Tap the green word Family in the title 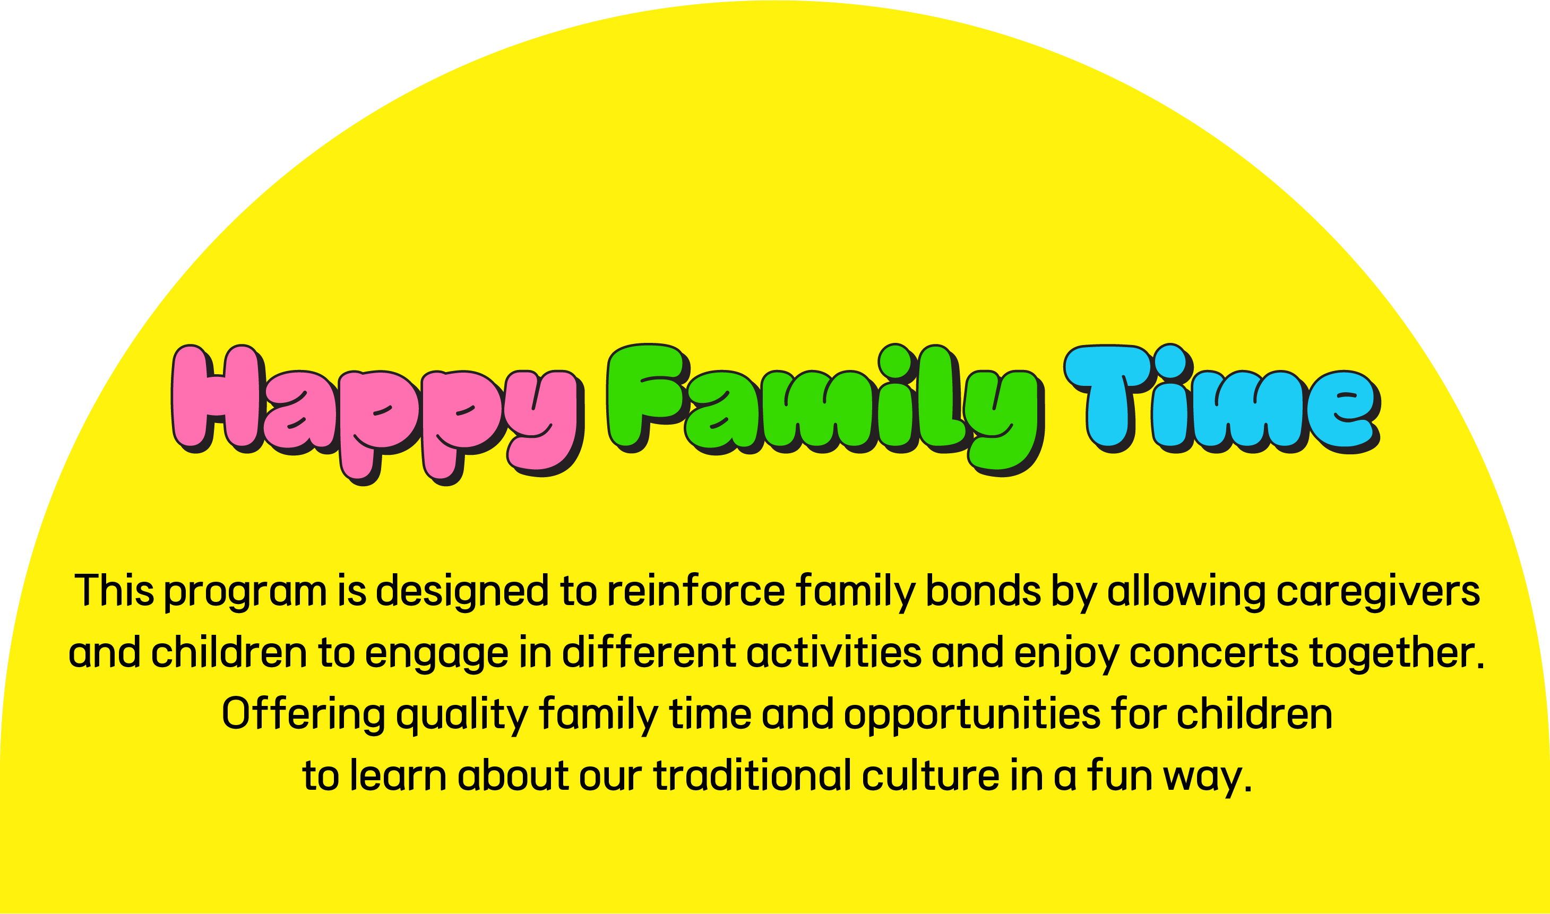(x=826, y=410)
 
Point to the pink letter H (x=218, y=399)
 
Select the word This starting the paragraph (x=114, y=590)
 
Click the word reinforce (x=696, y=590)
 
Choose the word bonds (x=983, y=590)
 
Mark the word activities (x=834, y=652)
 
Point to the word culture (x=930, y=775)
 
